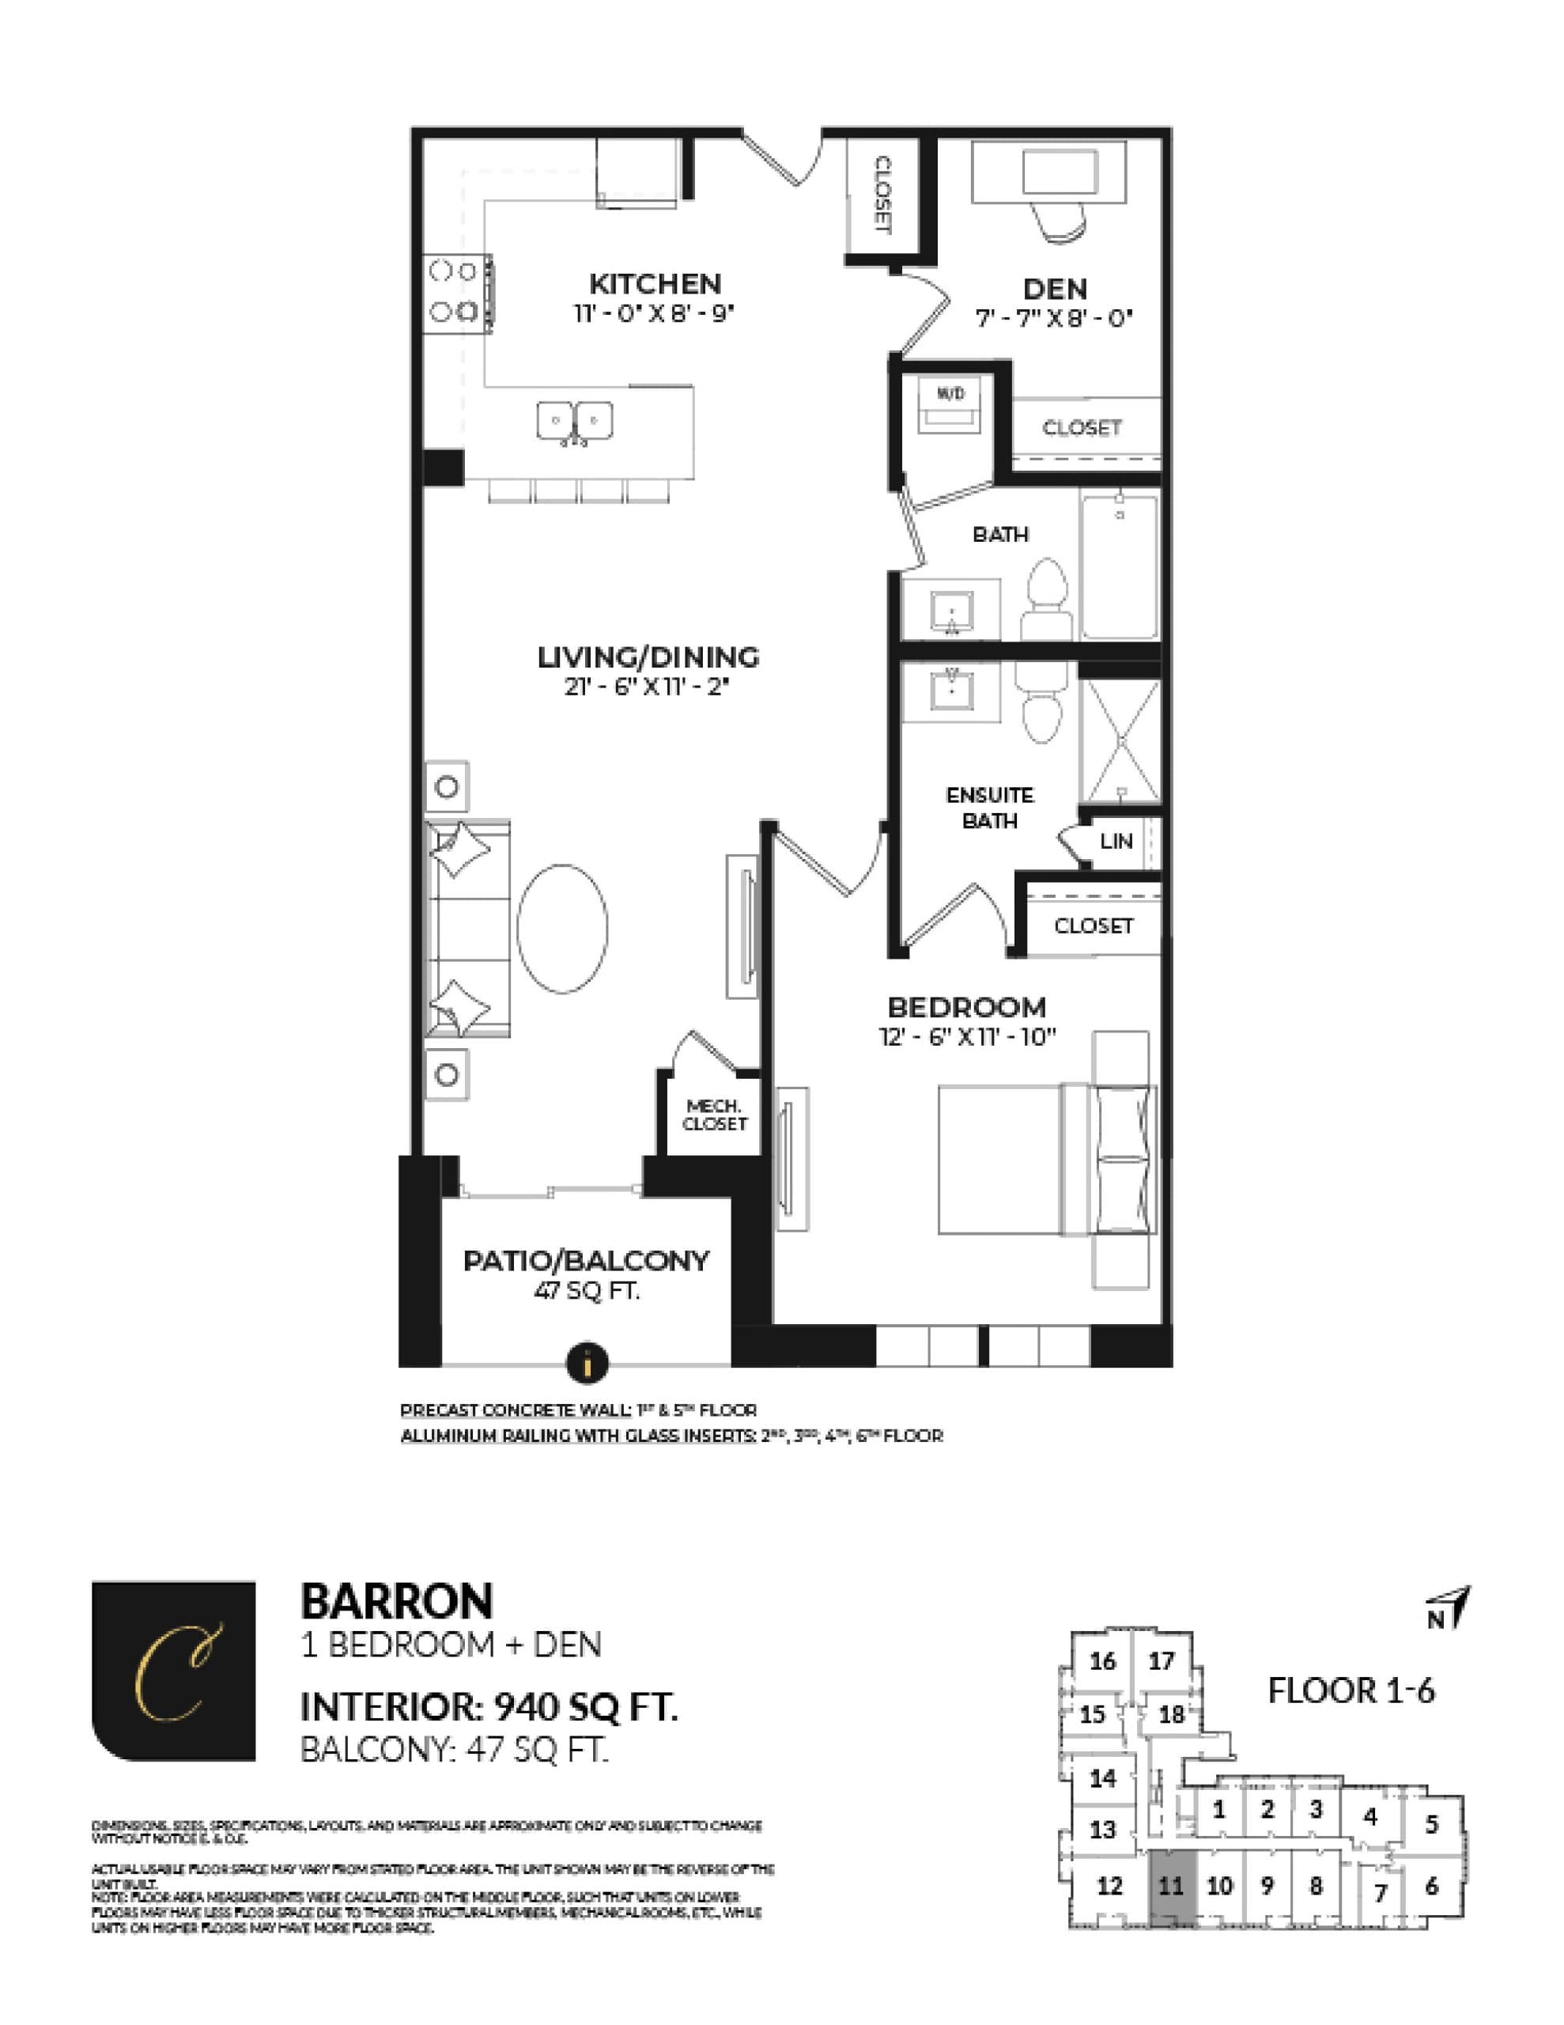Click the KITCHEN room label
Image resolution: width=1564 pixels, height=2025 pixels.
(x=655, y=283)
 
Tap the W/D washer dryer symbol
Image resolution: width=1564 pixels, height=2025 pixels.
(x=950, y=406)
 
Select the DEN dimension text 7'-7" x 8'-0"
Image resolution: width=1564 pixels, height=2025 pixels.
(x=1054, y=318)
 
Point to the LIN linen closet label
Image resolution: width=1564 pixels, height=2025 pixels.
(x=1116, y=841)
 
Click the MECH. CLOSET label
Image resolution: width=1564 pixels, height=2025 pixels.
(x=714, y=1115)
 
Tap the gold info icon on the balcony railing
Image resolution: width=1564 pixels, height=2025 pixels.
(x=587, y=1363)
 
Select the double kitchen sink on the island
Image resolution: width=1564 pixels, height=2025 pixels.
(x=575, y=422)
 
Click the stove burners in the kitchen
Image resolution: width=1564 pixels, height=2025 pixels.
(x=452, y=291)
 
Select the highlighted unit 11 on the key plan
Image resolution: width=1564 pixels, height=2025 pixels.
(x=1171, y=1886)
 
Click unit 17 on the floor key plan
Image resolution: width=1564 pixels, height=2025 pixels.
(x=1161, y=1660)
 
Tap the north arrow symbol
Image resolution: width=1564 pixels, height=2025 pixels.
(x=1450, y=1611)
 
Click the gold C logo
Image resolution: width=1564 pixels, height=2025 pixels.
(x=174, y=1671)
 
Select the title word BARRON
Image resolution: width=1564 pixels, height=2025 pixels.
(x=397, y=1601)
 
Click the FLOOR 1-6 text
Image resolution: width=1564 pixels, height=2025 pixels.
(x=1351, y=1690)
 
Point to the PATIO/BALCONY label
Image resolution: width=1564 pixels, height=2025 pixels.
(x=586, y=1260)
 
